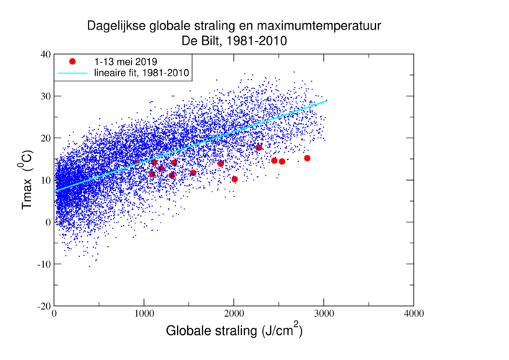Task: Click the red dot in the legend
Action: coord(72,61)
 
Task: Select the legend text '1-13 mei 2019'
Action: coord(127,61)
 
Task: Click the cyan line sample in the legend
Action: coord(72,73)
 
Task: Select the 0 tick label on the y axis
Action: coord(48,222)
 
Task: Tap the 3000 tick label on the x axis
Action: coord(324,315)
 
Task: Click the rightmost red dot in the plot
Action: coord(307,158)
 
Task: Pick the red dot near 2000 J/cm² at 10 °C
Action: coord(235,179)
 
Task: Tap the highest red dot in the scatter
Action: coord(259,147)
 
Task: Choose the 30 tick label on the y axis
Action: coord(45,96)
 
